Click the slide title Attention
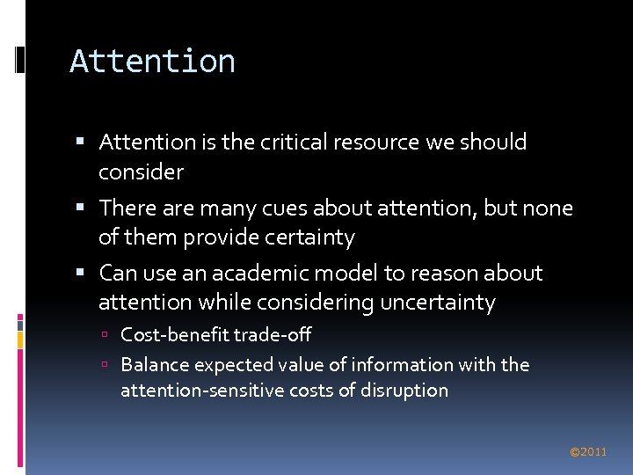tap(152, 62)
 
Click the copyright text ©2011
tap(588, 452)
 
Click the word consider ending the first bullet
tap(141, 172)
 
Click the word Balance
tap(154, 364)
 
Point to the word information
tap(401, 364)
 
